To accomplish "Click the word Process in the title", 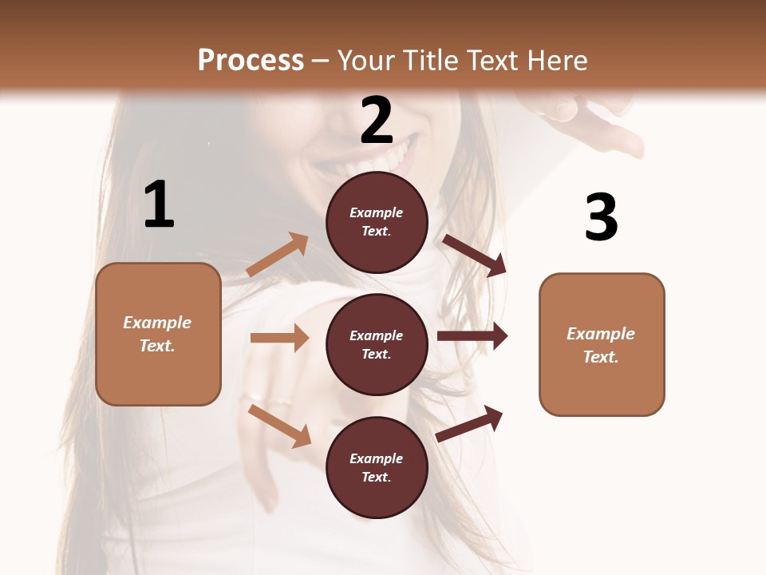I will point(251,61).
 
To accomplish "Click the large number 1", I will point(159,204).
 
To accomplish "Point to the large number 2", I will point(377,121).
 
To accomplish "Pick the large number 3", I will point(601,217).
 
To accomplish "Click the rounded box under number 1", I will point(158,334).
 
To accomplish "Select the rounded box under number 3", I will point(602,344).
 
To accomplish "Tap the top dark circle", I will point(377,222).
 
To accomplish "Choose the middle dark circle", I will point(377,344).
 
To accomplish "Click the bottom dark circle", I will point(377,467).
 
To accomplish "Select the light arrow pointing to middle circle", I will point(279,338).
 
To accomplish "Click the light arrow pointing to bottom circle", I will point(279,426).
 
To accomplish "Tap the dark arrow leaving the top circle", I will point(475,255).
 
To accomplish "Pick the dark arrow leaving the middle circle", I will point(472,336).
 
